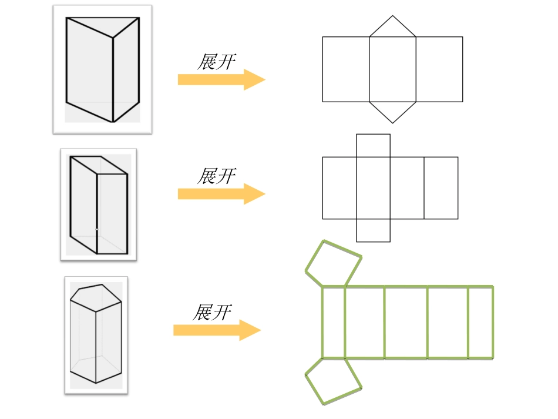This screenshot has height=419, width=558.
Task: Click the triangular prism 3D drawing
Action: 102,69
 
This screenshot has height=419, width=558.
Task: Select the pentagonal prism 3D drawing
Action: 96,334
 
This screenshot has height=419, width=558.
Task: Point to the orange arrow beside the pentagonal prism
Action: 217,330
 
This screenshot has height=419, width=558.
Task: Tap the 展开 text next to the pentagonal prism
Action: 213,312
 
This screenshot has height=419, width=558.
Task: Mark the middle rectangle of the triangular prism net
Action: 392,69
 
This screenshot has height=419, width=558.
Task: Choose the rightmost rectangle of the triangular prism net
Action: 439,69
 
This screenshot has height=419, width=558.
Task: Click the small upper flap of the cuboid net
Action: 373,146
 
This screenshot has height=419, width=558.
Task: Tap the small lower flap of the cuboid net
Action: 373,230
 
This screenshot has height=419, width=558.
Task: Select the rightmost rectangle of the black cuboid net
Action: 441,188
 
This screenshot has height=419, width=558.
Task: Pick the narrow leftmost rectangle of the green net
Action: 333,322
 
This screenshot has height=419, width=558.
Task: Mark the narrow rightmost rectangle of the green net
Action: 480,322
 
